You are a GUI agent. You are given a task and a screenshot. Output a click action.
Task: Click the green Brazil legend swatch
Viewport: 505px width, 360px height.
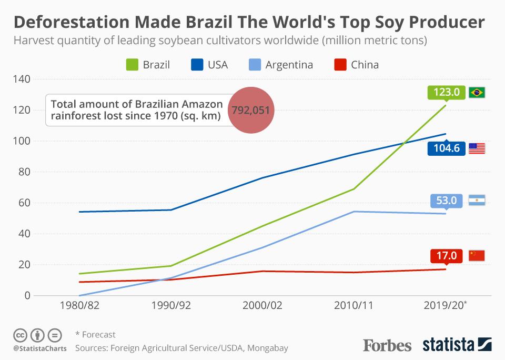pos(132,65)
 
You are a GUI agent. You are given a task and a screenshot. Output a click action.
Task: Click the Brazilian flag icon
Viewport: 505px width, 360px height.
pos(477,93)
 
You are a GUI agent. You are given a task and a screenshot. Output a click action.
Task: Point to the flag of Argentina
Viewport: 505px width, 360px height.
pos(477,201)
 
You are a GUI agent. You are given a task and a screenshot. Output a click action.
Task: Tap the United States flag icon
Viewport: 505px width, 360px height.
pos(477,148)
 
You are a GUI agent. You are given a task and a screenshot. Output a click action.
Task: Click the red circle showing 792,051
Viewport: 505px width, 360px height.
pos(251,110)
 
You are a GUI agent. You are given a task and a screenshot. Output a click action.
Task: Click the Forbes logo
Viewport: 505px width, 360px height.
pos(387,345)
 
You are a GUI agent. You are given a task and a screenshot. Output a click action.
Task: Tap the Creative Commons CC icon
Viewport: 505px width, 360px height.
pos(20,335)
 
